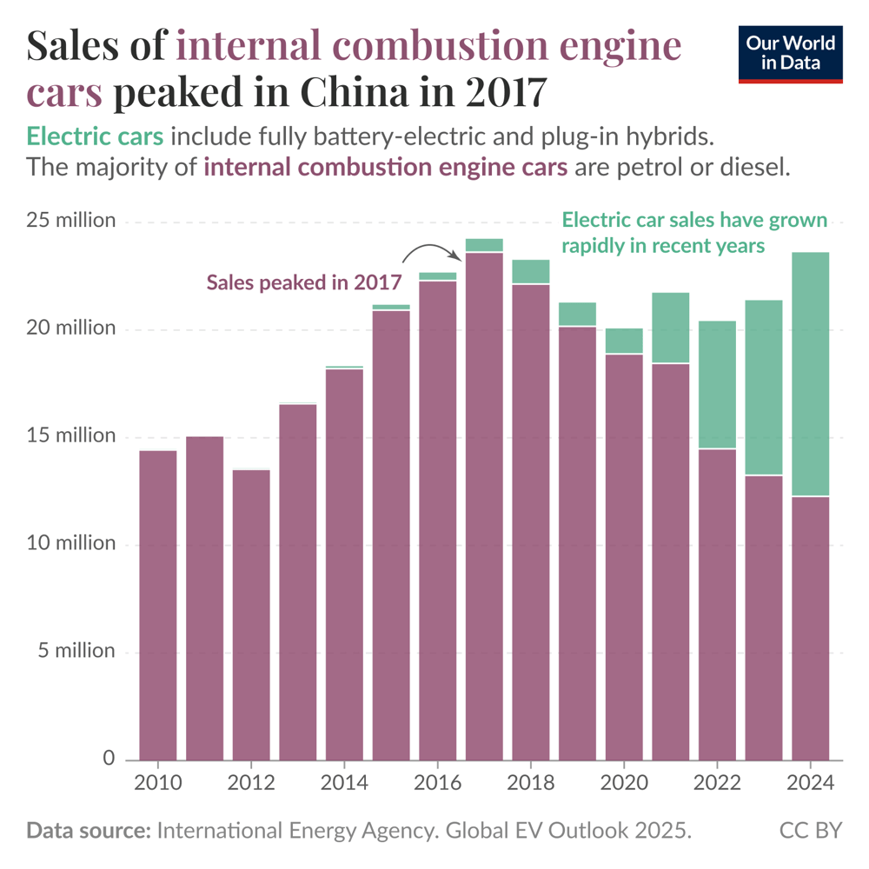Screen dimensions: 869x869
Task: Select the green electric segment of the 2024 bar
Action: pyautogui.click(x=810, y=374)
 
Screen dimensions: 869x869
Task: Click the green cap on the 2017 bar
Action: pyautogui.click(x=484, y=245)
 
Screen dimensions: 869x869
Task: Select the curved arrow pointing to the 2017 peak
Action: pyautogui.click(x=432, y=251)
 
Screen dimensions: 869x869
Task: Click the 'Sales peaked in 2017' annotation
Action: pyautogui.click(x=303, y=282)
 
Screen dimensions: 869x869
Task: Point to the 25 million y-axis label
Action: pyautogui.click(x=70, y=221)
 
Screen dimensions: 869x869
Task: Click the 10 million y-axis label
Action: pyautogui.click(x=70, y=544)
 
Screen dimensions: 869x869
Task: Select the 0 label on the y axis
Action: pyautogui.click(x=109, y=759)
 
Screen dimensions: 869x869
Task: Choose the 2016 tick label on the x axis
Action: pyautogui.click(x=438, y=783)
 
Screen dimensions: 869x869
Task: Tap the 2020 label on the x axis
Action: pyautogui.click(x=624, y=783)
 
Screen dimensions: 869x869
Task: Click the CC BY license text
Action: pyautogui.click(x=811, y=831)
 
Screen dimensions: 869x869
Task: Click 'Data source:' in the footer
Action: pyautogui.click(x=88, y=831)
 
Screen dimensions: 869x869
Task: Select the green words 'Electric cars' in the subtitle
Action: pyautogui.click(x=95, y=137)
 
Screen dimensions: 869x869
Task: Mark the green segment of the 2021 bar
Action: pyautogui.click(x=670, y=328)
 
